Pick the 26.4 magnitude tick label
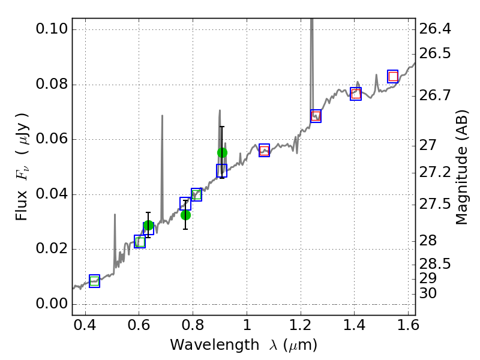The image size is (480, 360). point(436,29)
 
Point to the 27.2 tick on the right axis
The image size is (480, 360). point(436,173)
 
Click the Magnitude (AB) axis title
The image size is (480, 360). point(461,167)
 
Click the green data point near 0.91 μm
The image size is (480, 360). point(222,152)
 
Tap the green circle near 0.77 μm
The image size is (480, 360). point(185,215)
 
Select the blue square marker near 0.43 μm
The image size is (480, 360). point(94,281)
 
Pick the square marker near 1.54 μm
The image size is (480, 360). point(393,76)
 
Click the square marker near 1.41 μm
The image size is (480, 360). point(356,94)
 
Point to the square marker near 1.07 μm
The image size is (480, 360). point(264,151)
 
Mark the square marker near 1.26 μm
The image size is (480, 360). point(316,116)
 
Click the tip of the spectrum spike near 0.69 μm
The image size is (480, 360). point(162,116)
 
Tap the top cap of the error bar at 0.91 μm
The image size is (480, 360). point(222,127)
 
